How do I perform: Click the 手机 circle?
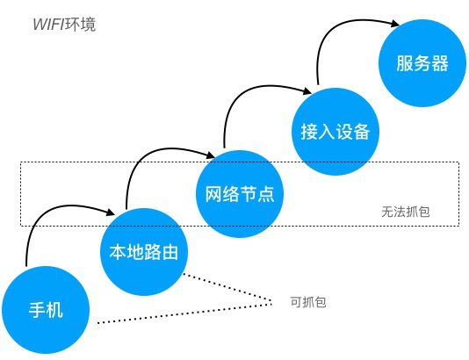[47, 309]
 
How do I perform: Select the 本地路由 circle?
[144, 253]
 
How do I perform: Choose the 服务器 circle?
[422, 64]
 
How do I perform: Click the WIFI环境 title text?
[61, 24]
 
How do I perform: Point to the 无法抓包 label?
[405, 212]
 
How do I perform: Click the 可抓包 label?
[307, 301]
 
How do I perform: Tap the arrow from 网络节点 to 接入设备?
[237, 97]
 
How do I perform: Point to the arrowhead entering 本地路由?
[112, 212]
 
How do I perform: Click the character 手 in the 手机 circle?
[37, 309]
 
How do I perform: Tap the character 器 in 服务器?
[440, 64]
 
